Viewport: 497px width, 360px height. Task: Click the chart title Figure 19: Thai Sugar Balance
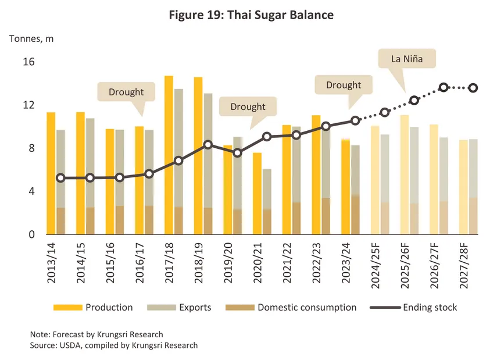(251, 15)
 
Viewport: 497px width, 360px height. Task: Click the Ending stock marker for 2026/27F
(444, 87)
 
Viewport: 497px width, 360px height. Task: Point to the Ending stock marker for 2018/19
(208, 144)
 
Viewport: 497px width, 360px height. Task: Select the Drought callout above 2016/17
(126, 92)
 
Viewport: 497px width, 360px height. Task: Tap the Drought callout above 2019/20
(248, 107)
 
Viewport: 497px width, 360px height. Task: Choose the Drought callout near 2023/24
(344, 85)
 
